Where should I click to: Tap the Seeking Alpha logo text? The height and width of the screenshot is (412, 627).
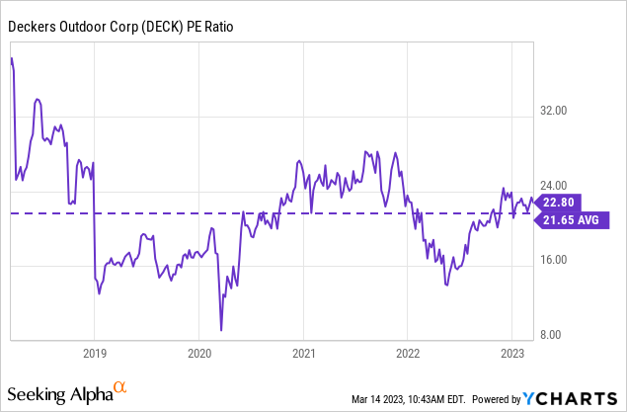click(x=61, y=395)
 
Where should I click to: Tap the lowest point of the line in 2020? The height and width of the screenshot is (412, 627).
click(x=221, y=330)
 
